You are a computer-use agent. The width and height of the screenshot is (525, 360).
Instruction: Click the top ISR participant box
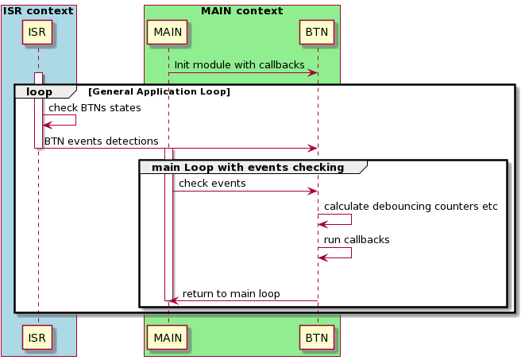[x=37, y=32]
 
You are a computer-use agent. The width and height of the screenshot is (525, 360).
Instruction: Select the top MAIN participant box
[x=168, y=32]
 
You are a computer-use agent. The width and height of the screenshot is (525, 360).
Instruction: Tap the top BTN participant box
[x=318, y=32]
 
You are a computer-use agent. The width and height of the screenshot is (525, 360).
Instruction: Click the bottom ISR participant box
[x=37, y=338]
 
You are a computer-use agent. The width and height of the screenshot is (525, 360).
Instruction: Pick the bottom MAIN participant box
[x=168, y=338]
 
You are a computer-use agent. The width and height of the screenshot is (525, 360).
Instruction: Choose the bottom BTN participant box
[x=318, y=338]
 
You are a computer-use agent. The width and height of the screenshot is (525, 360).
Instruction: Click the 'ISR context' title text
[x=38, y=11]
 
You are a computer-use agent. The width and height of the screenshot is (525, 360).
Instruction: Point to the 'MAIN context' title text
[x=241, y=11]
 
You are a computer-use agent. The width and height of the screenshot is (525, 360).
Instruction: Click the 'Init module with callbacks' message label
[x=239, y=64]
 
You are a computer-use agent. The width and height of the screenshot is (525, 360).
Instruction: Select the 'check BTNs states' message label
[x=95, y=107]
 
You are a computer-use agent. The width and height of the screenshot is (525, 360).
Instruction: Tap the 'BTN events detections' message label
[x=101, y=141]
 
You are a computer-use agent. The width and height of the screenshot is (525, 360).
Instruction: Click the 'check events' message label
[x=212, y=184]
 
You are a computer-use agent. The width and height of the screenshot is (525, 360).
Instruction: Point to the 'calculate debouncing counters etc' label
[x=411, y=206]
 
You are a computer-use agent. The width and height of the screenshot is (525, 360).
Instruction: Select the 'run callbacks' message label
[x=357, y=239]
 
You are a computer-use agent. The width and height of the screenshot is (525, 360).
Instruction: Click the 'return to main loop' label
[x=231, y=293]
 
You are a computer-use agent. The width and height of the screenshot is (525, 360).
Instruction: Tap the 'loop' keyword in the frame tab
[x=40, y=91]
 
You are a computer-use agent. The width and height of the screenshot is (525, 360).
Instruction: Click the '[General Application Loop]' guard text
[x=159, y=92]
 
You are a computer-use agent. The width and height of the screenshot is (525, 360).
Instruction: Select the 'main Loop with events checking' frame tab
[x=248, y=167]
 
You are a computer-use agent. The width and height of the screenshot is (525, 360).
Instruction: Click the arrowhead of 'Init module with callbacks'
[x=313, y=73]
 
